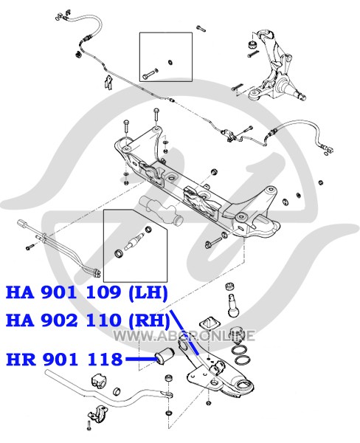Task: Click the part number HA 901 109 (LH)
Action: pyautogui.click(x=87, y=292)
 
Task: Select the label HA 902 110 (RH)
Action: pyautogui.click(x=88, y=321)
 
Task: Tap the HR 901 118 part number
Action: pyautogui.click(x=64, y=360)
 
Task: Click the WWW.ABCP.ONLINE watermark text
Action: pyautogui.click(x=184, y=336)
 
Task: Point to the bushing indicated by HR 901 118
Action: pyautogui.click(x=165, y=357)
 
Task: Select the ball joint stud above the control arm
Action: pyautogui.click(x=233, y=306)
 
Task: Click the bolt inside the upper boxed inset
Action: pyautogui.click(x=150, y=73)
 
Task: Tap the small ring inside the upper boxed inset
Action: pyautogui.click(x=170, y=62)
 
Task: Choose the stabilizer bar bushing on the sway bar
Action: pyautogui.click(x=100, y=383)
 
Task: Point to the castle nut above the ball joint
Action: pyautogui.click(x=229, y=286)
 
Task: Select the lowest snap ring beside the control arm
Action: pyautogui.click(x=242, y=361)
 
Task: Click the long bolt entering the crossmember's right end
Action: pyautogui.click(x=217, y=239)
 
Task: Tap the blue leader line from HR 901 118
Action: pyautogui.click(x=141, y=359)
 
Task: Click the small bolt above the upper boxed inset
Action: pyautogui.click(x=201, y=28)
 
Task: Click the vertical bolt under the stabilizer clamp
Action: pyautogui.click(x=89, y=432)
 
